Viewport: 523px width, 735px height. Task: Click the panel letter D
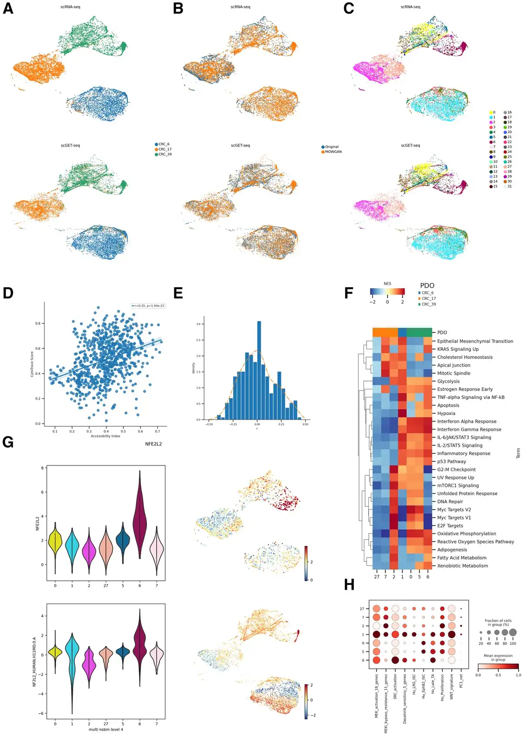[x=8, y=293]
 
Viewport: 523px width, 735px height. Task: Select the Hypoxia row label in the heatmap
[x=446, y=413]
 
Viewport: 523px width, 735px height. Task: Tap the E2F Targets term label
[x=450, y=526]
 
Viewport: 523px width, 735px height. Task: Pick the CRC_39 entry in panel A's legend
[x=165, y=154]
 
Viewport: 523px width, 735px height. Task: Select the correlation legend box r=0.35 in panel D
[x=148, y=306]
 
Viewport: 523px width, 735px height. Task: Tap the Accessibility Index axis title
[x=105, y=436]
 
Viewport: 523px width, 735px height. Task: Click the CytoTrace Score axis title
[x=32, y=364]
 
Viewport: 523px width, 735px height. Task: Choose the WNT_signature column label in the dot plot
[x=452, y=687]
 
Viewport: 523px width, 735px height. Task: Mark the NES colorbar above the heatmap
[x=387, y=292]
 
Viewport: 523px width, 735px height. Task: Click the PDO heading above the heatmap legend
[x=427, y=286]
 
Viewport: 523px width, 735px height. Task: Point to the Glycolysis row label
[x=448, y=381]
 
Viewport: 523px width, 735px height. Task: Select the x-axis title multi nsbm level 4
[x=105, y=729]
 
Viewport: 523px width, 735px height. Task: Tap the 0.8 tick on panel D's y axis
[x=38, y=323]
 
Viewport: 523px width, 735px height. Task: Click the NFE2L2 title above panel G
[x=153, y=444]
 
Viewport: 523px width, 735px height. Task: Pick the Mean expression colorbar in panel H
[x=498, y=666]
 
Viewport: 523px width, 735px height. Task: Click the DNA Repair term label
[x=450, y=502]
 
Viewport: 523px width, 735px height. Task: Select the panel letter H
[x=349, y=585]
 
